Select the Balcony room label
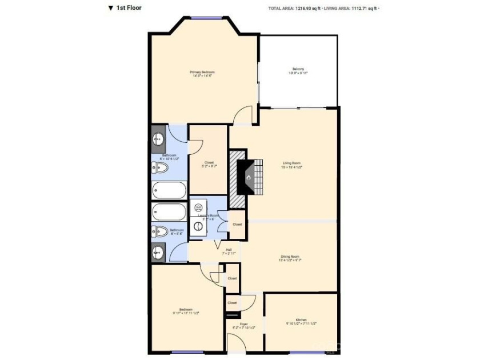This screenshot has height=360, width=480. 298,71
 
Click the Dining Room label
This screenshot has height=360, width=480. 290,258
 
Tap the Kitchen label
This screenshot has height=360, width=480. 301,321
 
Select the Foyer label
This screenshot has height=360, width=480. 243,326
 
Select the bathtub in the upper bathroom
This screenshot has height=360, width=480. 169,190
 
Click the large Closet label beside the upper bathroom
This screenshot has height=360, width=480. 209,164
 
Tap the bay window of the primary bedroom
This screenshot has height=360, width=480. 206,18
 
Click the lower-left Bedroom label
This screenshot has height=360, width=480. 186,311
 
